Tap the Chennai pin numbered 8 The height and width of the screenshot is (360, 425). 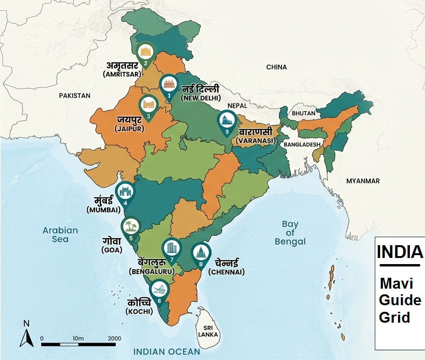coord(200,256)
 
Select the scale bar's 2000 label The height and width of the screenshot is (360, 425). coord(114,338)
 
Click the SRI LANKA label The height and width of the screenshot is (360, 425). coord(208,331)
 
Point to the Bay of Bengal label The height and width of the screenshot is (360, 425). coord(290,233)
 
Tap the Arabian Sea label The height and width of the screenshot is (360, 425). coord(60,234)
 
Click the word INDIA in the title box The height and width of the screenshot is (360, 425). coord(399,252)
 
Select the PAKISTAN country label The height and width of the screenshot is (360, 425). coord(74,95)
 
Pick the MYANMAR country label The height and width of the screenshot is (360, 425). coord(363,181)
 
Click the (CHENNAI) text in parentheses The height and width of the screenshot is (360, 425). coord(226,272)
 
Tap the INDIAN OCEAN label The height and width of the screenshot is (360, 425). coord(166,351)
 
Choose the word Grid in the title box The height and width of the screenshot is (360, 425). coord(394,317)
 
